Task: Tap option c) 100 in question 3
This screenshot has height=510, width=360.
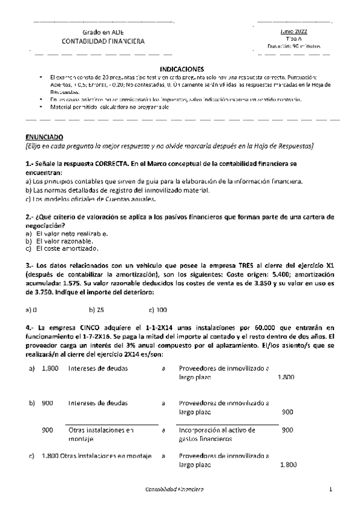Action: pyautogui.click(x=158, y=310)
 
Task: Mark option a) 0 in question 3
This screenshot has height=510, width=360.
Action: pyautogui.click(x=32, y=310)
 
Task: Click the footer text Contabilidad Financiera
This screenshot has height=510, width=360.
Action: pyautogui.click(x=175, y=490)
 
